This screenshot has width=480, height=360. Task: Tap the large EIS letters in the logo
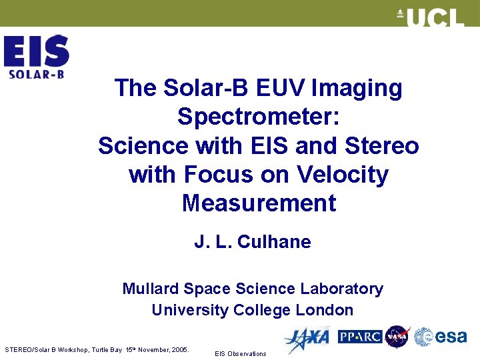36,51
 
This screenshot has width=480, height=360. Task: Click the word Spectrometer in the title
259,117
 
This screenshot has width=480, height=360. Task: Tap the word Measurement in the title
259,203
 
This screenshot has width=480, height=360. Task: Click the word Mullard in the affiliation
150,289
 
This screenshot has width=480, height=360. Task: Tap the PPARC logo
360,337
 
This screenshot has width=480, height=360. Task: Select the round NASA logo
397,337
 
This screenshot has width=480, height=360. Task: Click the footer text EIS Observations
240,353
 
